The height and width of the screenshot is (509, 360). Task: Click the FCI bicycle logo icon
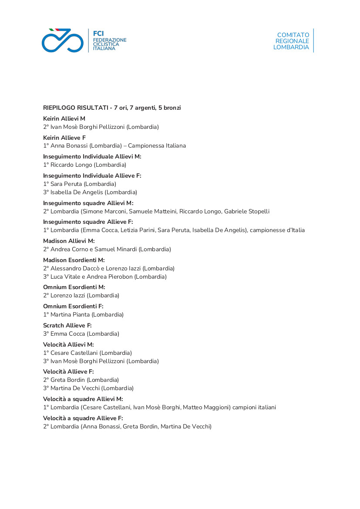tap(62, 40)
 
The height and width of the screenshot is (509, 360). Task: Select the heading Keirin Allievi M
tap(64, 118)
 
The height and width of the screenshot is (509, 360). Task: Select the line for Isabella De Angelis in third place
tap(90, 192)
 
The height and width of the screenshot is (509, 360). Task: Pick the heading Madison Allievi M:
tap(69, 241)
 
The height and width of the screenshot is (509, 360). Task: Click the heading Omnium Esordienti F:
tap(73, 306)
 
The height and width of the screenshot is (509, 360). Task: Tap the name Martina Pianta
tap(70, 315)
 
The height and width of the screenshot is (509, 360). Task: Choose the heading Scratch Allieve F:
tap(67, 325)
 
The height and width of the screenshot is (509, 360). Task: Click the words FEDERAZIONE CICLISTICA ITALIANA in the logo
tap(110, 44)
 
